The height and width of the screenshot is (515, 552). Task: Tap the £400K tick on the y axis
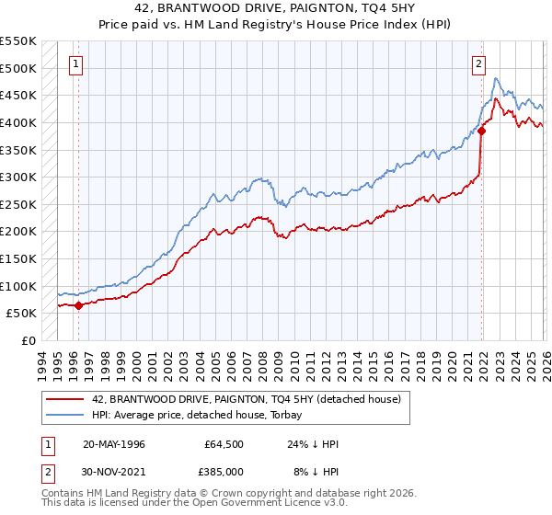pos(18,122)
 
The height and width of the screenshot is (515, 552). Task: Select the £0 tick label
pos(28,340)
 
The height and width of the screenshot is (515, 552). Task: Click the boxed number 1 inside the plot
pos(75,64)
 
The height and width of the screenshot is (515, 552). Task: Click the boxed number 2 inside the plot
pos(479,64)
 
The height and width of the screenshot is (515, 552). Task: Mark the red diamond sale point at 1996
pos(79,305)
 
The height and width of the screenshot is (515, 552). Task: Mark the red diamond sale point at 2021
pos(481,132)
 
